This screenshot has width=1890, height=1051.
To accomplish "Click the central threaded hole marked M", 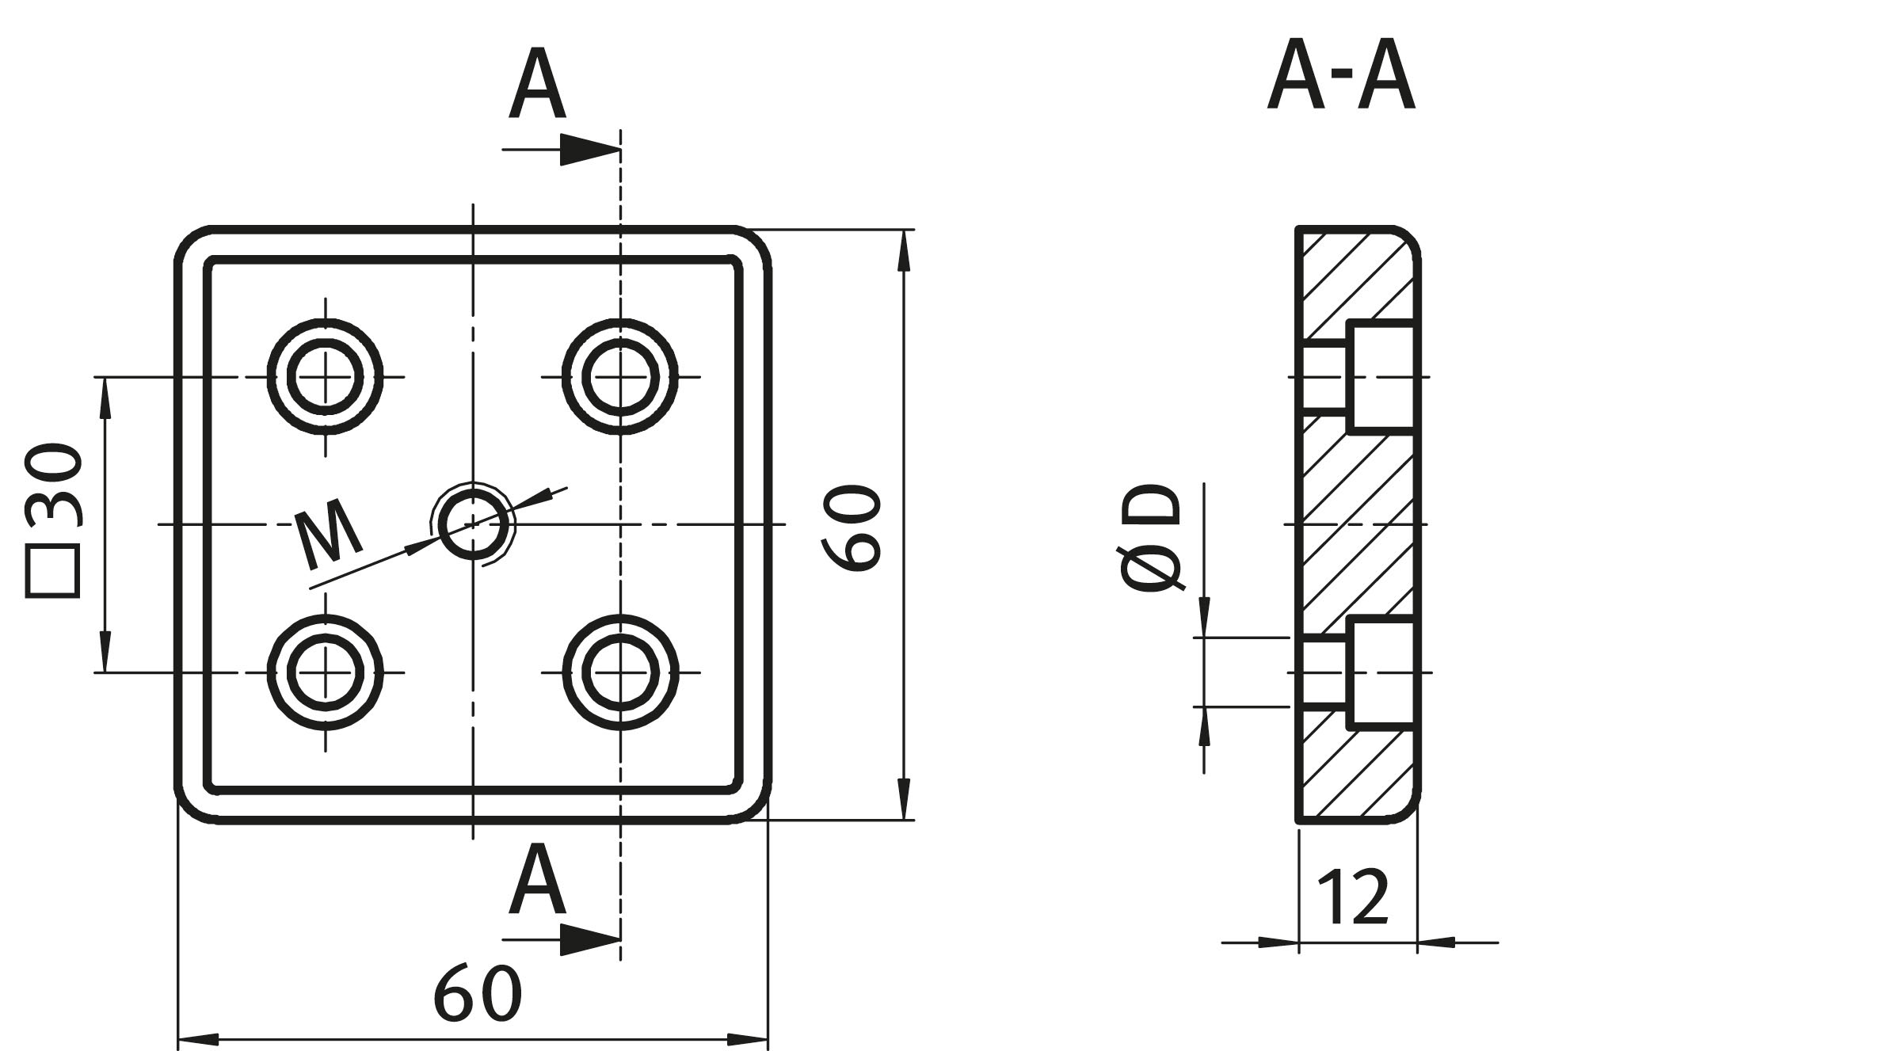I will [473, 524].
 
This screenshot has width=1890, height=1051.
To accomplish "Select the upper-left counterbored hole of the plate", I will [325, 376].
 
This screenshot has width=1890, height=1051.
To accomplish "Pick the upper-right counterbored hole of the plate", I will [620, 376].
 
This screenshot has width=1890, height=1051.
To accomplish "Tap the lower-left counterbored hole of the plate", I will [325, 672].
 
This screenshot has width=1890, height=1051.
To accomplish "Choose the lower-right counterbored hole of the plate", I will [620, 672].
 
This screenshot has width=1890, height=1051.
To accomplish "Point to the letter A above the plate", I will [536, 84].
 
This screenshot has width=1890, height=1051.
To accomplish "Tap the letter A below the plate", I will [536, 879].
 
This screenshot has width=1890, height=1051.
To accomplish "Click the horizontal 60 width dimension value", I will [478, 992].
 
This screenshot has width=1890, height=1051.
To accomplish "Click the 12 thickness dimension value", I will [1353, 897].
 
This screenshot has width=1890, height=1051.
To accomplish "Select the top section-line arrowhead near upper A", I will [589, 149].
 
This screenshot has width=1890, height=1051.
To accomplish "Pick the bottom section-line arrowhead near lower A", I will [589, 939].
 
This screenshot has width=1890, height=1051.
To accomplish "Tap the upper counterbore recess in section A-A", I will [1380, 376].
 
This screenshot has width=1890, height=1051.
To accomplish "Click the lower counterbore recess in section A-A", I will [1380, 672].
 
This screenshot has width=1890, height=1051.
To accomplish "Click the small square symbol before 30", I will [54, 572].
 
